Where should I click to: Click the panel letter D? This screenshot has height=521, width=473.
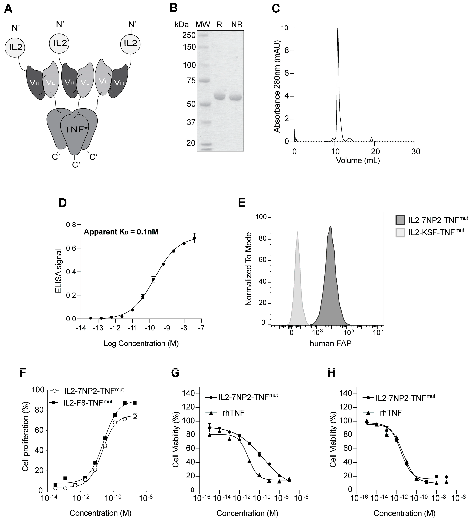pyautogui.click(x=63, y=203)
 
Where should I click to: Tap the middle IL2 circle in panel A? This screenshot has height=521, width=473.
pyautogui.click(x=60, y=43)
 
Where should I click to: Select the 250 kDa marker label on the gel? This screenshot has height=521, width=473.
pyautogui.click(x=189, y=35)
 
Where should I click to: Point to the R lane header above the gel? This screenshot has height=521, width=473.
pyautogui.click(x=219, y=24)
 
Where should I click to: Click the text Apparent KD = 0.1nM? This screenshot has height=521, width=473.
pyautogui.click(x=121, y=232)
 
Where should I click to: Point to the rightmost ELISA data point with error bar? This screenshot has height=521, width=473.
pyautogui.click(x=194, y=238)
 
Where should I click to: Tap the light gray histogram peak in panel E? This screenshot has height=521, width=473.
pyautogui.click(x=297, y=232)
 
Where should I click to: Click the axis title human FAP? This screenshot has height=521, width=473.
pyautogui.click(x=331, y=344)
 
